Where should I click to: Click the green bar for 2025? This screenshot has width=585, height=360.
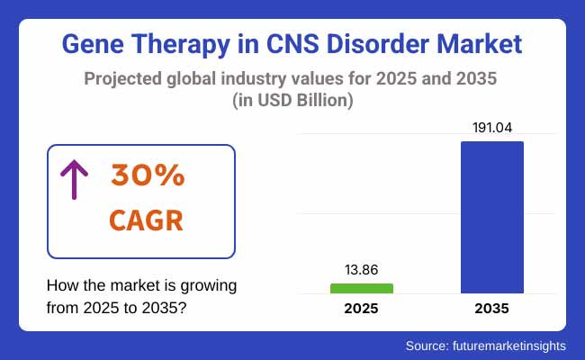click(362, 288)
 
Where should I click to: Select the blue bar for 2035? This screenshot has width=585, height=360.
click(492, 217)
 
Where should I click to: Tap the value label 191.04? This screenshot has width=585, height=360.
click(492, 128)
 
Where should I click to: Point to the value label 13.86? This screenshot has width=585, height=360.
click(362, 269)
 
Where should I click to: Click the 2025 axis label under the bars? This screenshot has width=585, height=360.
click(362, 309)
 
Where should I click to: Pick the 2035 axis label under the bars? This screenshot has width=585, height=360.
click(492, 309)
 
